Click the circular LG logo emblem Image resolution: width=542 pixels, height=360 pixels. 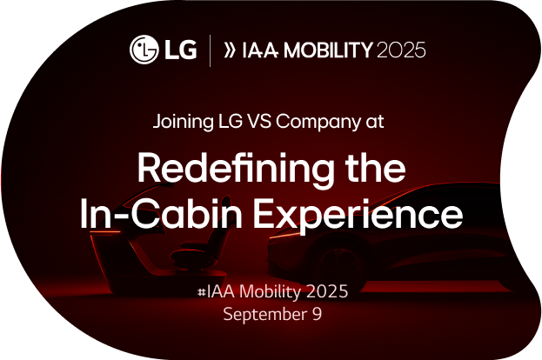(x=144, y=49)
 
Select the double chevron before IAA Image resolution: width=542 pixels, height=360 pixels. (x=231, y=50)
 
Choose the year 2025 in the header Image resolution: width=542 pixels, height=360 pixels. (x=400, y=50)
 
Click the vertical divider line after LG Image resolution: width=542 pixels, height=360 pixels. (x=209, y=50)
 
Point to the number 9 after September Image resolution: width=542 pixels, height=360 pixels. (x=317, y=314)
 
